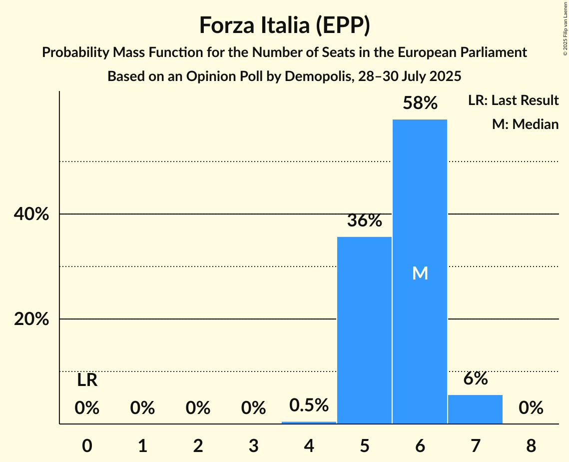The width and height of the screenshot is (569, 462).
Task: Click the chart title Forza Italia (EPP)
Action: click(284, 25)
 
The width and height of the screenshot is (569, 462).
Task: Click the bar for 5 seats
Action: click(364, 330)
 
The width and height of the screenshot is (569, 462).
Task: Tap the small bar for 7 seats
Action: click(475, 409)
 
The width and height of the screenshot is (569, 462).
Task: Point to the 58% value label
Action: click(420, 103)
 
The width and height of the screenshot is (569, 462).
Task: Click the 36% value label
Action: click(364, 220)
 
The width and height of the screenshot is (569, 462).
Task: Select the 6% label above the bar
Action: click(475, 379)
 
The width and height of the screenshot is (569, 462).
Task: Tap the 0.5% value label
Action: click(309, 404)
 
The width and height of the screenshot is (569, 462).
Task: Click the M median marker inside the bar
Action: click(420, 273)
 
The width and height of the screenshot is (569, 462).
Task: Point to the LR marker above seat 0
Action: click(87, 380)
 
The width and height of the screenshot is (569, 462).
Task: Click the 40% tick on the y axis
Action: click(31, 214)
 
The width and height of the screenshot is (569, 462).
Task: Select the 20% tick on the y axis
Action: click(31, 319)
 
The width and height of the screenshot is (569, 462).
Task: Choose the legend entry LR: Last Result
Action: click(513, 100)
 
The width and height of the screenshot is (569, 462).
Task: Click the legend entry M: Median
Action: click(525, 124)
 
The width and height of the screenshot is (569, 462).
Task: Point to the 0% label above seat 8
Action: click(531, 408)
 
